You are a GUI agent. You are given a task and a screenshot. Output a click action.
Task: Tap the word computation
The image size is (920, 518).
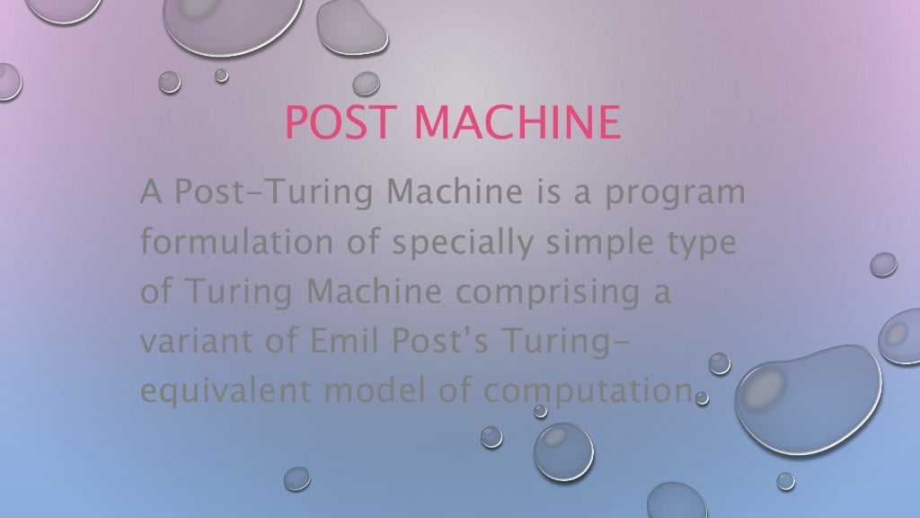[587, 392]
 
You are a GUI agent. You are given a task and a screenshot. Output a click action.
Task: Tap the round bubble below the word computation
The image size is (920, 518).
[564, 451]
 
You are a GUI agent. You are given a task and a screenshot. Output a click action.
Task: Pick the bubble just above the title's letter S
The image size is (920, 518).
[366, 84]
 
